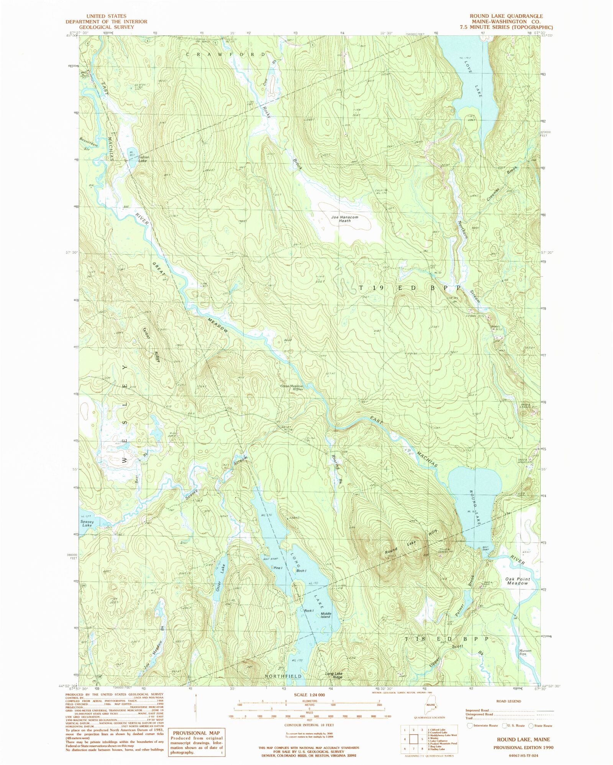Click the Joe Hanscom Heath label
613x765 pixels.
tap(344, 219)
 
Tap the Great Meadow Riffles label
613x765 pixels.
tap(292, 387)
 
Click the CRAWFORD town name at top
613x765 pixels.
tap(226, 54)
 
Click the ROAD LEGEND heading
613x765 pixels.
tap(508, 701)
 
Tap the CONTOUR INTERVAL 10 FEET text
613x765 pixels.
tap(310, 725)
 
